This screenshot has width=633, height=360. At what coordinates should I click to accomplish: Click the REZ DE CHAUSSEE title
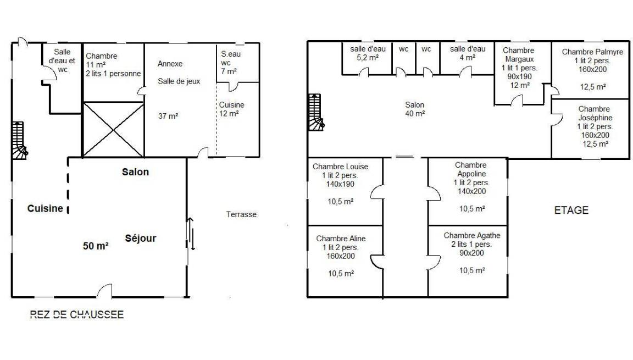(77, 314)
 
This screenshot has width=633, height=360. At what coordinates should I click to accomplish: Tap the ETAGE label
(571, 211)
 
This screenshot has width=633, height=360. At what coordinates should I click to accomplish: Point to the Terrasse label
(241, 214)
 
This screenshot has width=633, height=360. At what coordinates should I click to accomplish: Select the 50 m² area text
(96, 246)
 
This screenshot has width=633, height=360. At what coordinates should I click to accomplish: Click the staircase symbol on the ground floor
(19, 141)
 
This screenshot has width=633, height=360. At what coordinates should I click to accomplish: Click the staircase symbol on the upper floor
(316, 112)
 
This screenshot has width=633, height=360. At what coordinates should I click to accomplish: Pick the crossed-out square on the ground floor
(113, 130)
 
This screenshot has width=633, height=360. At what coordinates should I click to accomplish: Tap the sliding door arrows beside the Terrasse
(191, 234)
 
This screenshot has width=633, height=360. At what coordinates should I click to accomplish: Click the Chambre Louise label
(340, 167)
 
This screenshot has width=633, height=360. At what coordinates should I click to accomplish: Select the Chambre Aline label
(341, 239)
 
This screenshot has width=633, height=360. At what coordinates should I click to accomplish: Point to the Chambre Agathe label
(472, 235)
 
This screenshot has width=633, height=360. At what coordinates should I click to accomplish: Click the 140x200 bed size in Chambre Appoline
(471, 191)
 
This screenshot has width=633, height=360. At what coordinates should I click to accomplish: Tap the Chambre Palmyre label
(593, 52)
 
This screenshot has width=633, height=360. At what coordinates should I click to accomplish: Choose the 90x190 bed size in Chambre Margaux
(520, 76)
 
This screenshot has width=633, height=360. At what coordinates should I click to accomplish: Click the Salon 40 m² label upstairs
(415, 109)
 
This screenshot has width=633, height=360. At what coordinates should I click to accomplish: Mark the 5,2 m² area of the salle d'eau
(368, 58)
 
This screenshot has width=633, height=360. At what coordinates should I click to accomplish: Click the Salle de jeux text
(179, 81)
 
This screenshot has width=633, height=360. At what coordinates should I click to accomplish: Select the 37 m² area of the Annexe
(168, 116)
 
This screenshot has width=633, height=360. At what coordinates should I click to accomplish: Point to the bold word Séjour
(141, 238)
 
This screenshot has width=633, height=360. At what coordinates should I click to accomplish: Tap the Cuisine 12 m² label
(231, 109)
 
